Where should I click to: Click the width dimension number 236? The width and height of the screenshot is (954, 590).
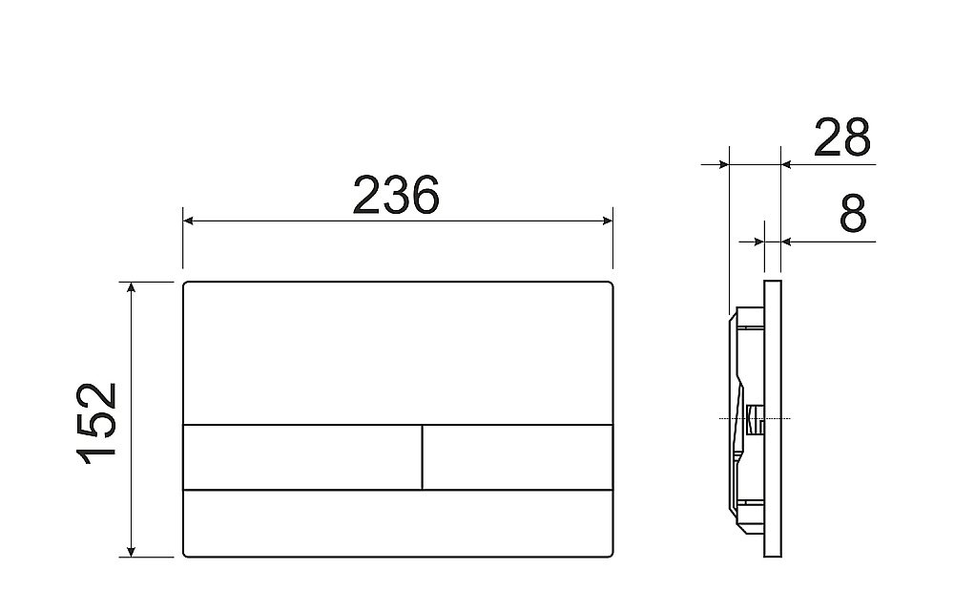396,196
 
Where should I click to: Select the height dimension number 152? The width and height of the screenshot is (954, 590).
97,420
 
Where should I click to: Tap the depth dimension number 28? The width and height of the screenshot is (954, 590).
841,138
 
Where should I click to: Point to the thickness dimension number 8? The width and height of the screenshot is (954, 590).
853,215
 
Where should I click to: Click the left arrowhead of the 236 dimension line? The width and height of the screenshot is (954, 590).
188,221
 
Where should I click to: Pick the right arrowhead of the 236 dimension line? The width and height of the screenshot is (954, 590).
607,221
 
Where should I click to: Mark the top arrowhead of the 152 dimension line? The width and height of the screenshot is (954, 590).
132,287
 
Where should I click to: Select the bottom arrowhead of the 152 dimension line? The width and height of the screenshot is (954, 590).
132,551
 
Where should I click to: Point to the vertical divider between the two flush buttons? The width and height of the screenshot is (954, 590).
422,457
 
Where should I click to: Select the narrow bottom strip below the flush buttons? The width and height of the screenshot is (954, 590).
397,523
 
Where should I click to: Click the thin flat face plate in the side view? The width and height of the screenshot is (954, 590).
774,420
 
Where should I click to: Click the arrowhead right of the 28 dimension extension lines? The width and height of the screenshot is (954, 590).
787,164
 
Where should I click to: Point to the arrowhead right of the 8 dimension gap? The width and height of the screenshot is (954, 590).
787,242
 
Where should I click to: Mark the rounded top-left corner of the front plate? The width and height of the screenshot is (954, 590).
186,285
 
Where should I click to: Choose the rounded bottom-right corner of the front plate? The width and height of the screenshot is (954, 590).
609,553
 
